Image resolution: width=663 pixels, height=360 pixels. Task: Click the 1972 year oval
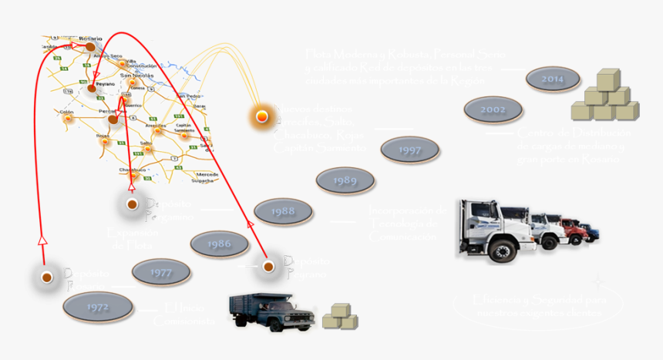coord(98,307)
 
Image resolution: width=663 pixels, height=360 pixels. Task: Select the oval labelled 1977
coord(161,272)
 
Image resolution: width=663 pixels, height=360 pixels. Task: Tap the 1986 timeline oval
coord(219,244)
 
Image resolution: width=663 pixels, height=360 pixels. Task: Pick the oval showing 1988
coord(283,211)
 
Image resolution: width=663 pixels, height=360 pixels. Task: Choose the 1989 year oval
coord(345,180)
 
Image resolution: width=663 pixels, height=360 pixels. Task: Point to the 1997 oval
coord(410,150)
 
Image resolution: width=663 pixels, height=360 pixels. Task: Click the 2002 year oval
coord(493,109)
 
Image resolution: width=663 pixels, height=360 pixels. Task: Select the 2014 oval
coord(552,79)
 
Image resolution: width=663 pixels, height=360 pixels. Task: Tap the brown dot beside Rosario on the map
coord(89,47)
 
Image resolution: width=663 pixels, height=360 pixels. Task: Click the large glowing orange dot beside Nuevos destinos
coord(263,116)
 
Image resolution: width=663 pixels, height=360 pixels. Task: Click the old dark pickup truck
coord(271,311)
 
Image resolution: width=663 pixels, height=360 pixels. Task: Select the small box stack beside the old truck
coord(339,315)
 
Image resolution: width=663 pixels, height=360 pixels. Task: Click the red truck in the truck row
coord(570,230)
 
